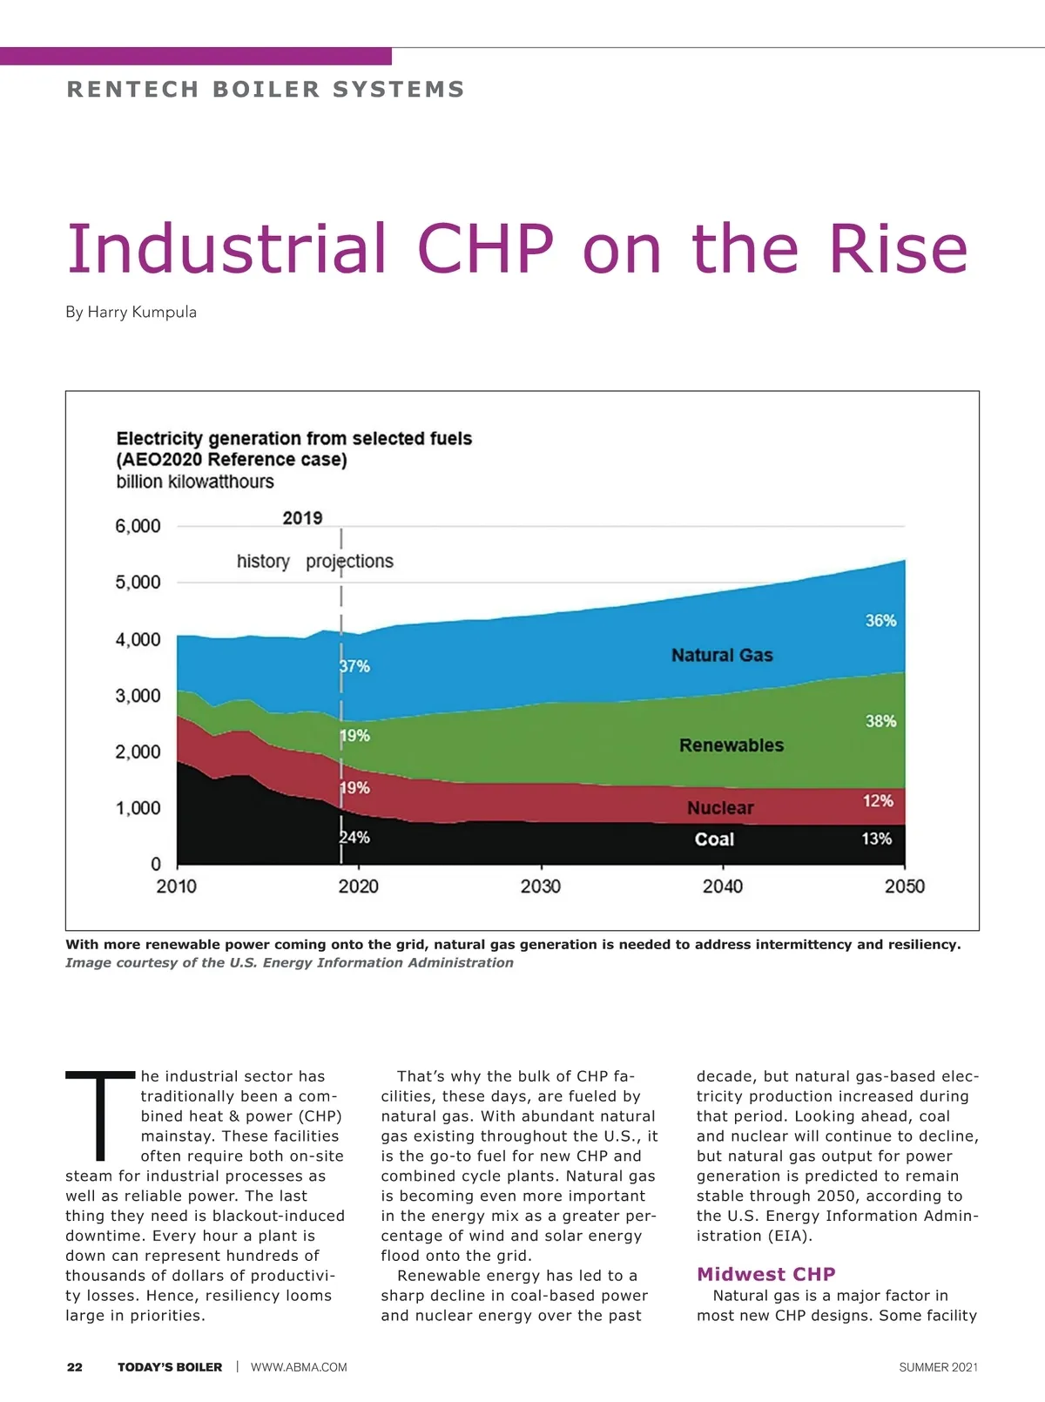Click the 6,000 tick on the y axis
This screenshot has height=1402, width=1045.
[x=138, y=526]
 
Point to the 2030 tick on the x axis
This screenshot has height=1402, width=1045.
[x=541, y=886]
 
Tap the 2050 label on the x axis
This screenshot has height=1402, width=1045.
[x=905, y=886]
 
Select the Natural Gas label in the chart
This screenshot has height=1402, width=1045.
[x=722, y=655]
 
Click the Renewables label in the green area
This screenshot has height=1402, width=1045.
[x=731, y=745]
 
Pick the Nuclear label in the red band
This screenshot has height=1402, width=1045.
[x=720, y=808]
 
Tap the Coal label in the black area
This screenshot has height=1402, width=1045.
[x=714, y=839]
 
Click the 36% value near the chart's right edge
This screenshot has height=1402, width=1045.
[x=880, y=621]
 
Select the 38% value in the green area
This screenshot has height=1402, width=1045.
[x=880, y=721]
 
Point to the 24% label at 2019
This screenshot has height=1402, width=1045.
[x=355, y=838]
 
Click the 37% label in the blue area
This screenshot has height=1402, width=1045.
[x=355, y=666]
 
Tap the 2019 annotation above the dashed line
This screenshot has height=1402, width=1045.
[x=302, y=518]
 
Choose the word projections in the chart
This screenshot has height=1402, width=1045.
[x=349, y=562]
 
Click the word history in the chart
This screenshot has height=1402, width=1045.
[x=263, y=562]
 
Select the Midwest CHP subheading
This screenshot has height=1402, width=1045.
[x=765, y=1274]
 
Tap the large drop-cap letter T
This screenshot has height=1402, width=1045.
[x=100, y=1116]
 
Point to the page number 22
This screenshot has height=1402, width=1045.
[x=75, y=1367]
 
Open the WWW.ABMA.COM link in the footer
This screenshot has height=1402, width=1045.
[x=299, y=1367]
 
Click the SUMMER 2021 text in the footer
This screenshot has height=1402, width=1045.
[x=938, y=1367]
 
